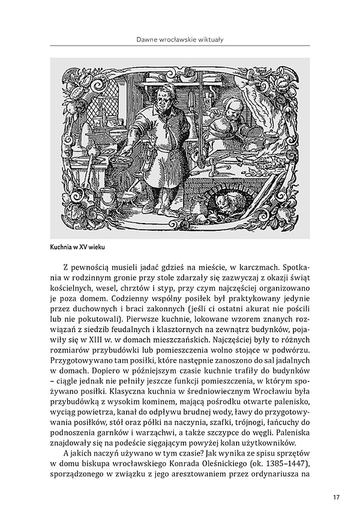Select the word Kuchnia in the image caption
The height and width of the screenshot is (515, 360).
coord(61,246)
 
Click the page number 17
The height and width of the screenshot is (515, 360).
coord(335,497)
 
